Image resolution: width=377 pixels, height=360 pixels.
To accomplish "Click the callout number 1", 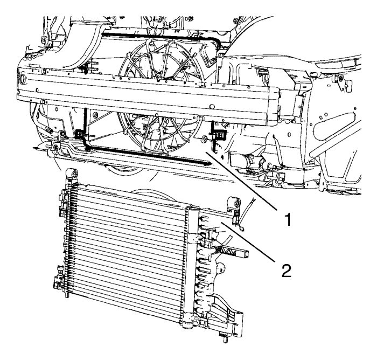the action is (x=288, y=219).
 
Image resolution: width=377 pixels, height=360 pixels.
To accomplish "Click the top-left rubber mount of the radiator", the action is (x=72, y=174).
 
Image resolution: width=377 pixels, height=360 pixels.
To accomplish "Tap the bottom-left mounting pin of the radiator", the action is (x=67, y=294).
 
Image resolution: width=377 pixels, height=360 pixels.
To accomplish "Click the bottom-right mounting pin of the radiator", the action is (x=225, y=337).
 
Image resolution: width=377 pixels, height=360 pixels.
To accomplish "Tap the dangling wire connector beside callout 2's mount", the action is (x=242, y=229).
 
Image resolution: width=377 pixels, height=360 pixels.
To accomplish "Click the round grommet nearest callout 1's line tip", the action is (x=205, y=139).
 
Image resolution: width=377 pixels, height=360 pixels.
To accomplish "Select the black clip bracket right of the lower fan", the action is (x=218, y=134).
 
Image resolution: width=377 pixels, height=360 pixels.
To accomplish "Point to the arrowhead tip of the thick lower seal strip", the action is (x=212, y=164).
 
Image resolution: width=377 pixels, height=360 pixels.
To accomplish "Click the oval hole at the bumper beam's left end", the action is (x=23, y=79).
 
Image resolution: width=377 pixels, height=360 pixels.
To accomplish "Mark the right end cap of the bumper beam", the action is (x=274, y=106).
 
